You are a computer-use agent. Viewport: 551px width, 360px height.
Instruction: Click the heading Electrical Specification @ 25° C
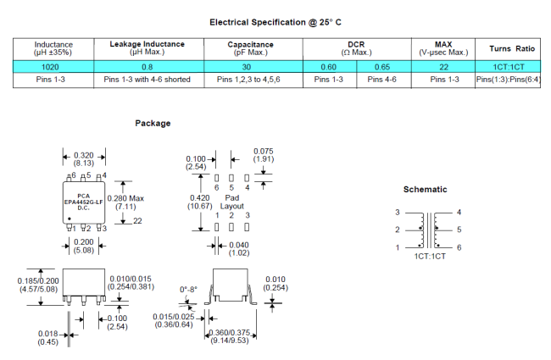click(x=275, y=22)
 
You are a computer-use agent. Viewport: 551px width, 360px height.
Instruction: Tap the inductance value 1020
click(x=53, y=66)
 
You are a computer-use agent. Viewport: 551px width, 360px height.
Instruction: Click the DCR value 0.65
click(x=381, y=66)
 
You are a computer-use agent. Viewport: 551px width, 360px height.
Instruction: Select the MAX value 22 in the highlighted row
click(x=442, y=66)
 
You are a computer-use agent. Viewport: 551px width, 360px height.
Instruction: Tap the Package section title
click(x=153, y=124)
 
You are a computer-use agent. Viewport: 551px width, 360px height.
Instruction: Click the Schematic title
click(x=425, y=189)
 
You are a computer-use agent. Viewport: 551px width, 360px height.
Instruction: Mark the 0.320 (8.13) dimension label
click(x=84, y=158)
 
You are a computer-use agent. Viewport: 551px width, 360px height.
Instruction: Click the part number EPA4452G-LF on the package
click(x=83, y=202)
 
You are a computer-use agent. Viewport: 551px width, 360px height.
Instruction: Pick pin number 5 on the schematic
click(x=459, y=230)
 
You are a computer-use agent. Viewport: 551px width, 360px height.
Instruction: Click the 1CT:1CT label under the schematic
click(x=427, y=255)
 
